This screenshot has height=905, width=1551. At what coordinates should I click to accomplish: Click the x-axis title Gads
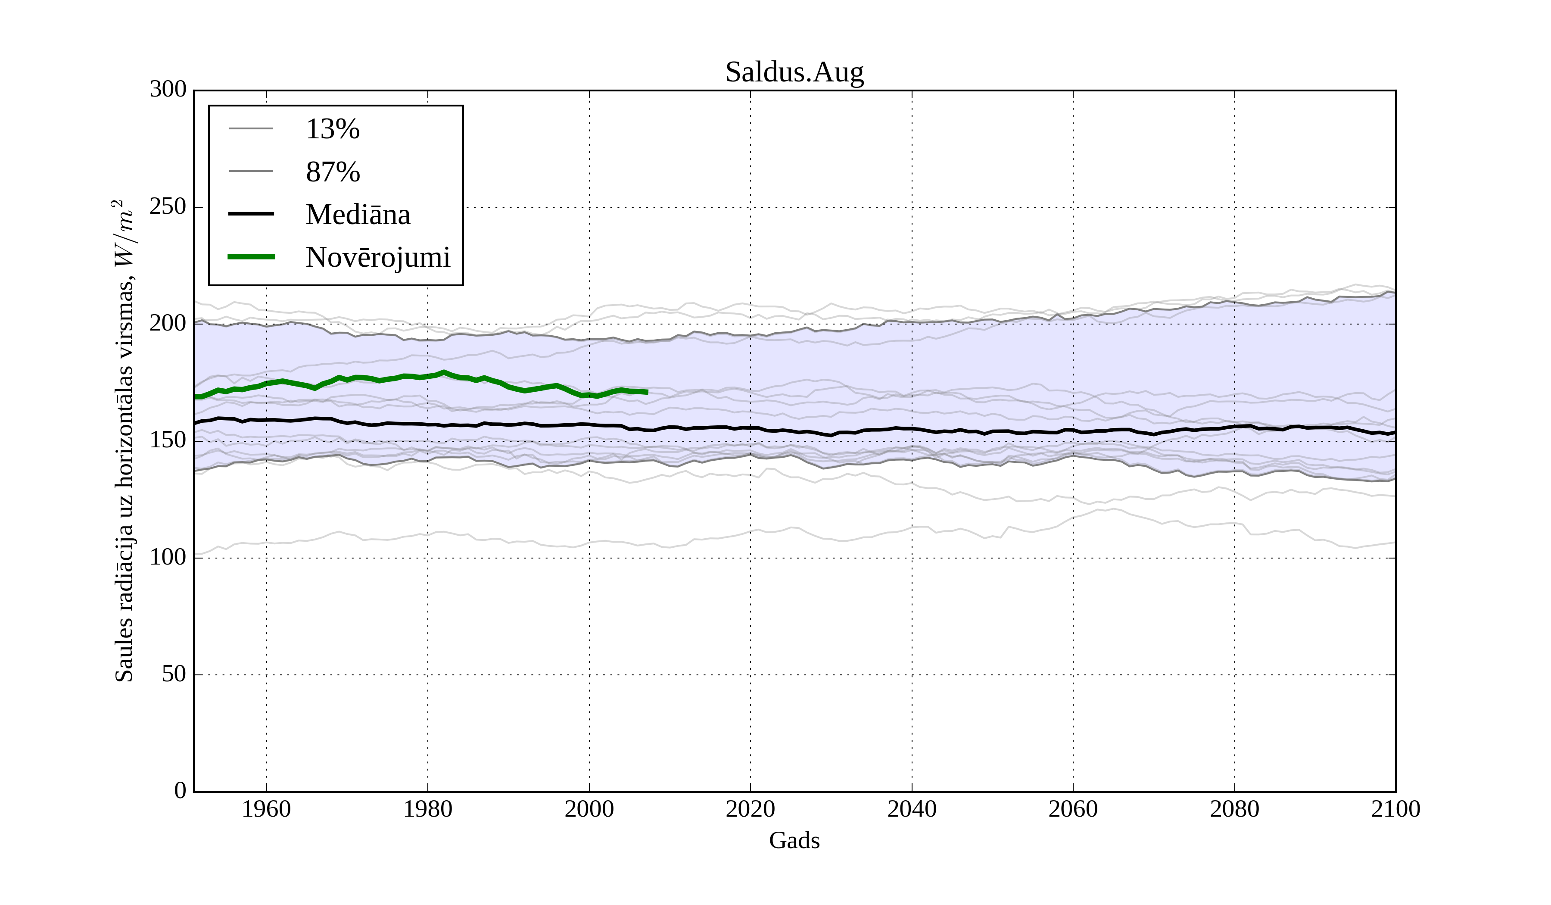(794, 840)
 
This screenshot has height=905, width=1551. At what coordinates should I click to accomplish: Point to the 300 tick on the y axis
(168, 90)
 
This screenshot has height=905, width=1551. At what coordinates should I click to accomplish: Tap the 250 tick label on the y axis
(168, 207)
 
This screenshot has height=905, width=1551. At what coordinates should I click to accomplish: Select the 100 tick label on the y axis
(168, 557)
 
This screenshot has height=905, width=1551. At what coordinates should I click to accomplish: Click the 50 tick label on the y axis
(174, 674)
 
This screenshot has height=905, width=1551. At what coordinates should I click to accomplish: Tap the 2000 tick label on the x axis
(589, 809)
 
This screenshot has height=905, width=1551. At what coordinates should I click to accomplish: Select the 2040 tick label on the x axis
(912, 809)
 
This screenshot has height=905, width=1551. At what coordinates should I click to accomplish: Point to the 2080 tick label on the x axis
(1234, 809)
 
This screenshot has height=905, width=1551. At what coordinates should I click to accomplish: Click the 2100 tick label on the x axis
(1395, 809)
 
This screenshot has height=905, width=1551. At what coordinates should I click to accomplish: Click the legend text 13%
(332, 129)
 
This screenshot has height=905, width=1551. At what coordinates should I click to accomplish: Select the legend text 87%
(332, 172)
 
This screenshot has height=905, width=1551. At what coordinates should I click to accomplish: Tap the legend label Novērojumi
(378, 257)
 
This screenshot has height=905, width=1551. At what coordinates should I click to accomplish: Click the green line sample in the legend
(251, 257)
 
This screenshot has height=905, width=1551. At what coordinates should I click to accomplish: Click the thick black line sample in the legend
(251, 214)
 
